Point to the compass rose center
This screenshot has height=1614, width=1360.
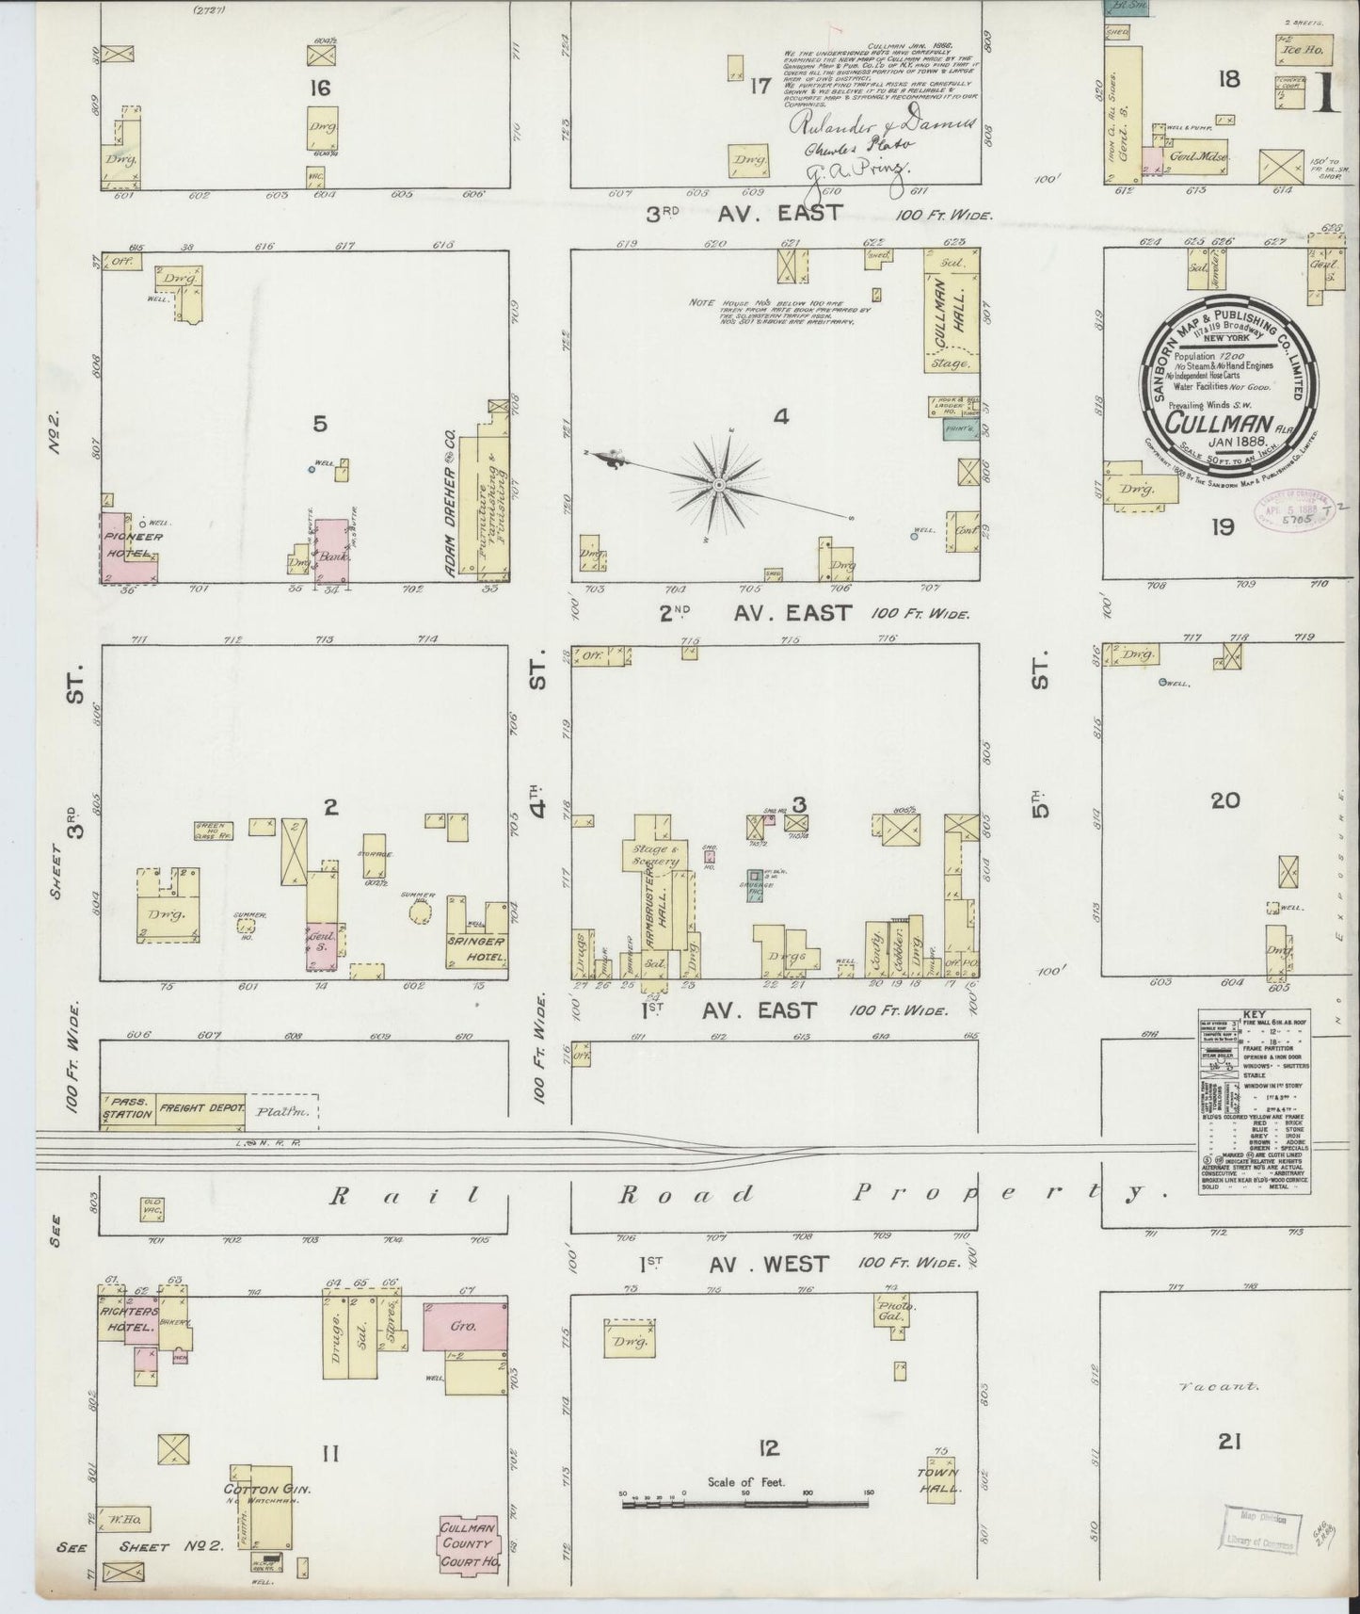pos(718,484)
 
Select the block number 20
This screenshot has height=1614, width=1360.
pos(1224,801)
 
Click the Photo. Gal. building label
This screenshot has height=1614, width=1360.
pos(891,1312)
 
